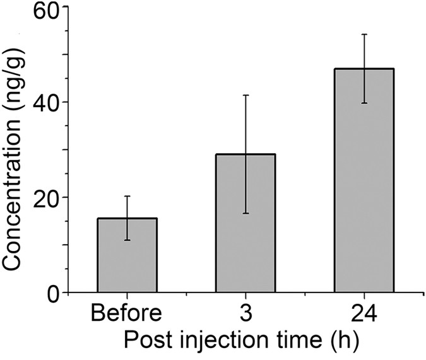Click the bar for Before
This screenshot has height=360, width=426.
click(127, 255)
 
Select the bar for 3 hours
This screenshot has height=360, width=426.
click(246, 223)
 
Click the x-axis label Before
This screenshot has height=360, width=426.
click(127, 313)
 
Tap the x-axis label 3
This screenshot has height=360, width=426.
click(246, 313)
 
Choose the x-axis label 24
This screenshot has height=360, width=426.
click(364, 313)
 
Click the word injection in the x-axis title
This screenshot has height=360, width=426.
click(221, 342)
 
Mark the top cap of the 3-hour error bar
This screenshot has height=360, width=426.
click(246, 95)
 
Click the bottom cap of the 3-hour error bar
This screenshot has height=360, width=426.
click(246, 213)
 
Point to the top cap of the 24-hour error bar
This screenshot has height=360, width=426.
click(364, 34)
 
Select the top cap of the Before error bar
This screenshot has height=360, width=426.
click(127, 196)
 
